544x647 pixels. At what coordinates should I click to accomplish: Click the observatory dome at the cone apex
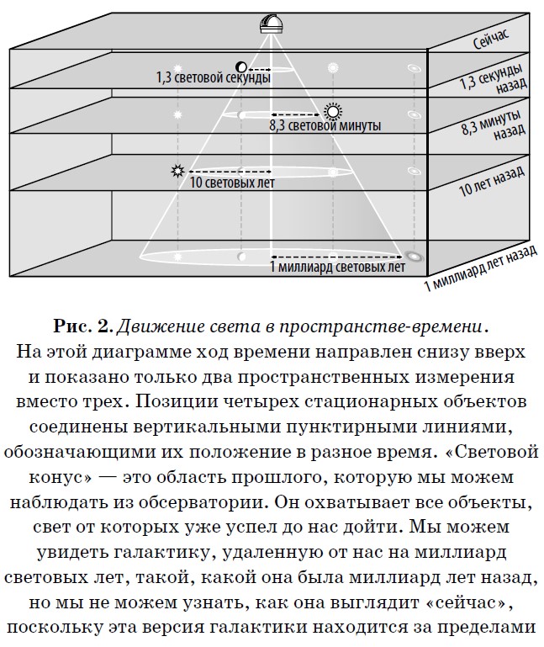[x=272, y=24]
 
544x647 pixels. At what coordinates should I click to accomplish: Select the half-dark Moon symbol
[x=240, y=66]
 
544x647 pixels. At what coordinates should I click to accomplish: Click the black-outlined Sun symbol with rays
[x=333, y=111]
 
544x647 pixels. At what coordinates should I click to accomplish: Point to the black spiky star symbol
[x=177, y=171]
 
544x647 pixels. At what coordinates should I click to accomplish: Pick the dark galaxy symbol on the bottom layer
[x=414, y=257]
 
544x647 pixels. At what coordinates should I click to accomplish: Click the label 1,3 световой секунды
[x=214, y=77]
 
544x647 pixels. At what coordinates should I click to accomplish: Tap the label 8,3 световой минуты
[x=325, y=125]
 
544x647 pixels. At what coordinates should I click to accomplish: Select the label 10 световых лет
[x=232, y=183]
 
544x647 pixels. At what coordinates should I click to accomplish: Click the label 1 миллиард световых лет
[x=337, y=267]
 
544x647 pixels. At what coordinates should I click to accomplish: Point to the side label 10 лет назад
[x=491, y=182]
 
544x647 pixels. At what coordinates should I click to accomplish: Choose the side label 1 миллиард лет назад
[x=480, y=268]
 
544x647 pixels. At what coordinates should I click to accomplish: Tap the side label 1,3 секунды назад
[x=494, y=79]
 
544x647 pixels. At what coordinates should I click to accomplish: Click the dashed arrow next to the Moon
[x=259, y=69]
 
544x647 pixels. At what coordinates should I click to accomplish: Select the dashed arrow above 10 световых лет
[x=230, y=171]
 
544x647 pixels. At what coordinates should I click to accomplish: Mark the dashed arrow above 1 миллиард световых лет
[x=337, y=256]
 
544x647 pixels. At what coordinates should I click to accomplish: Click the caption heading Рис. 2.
[x=83, y=326]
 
